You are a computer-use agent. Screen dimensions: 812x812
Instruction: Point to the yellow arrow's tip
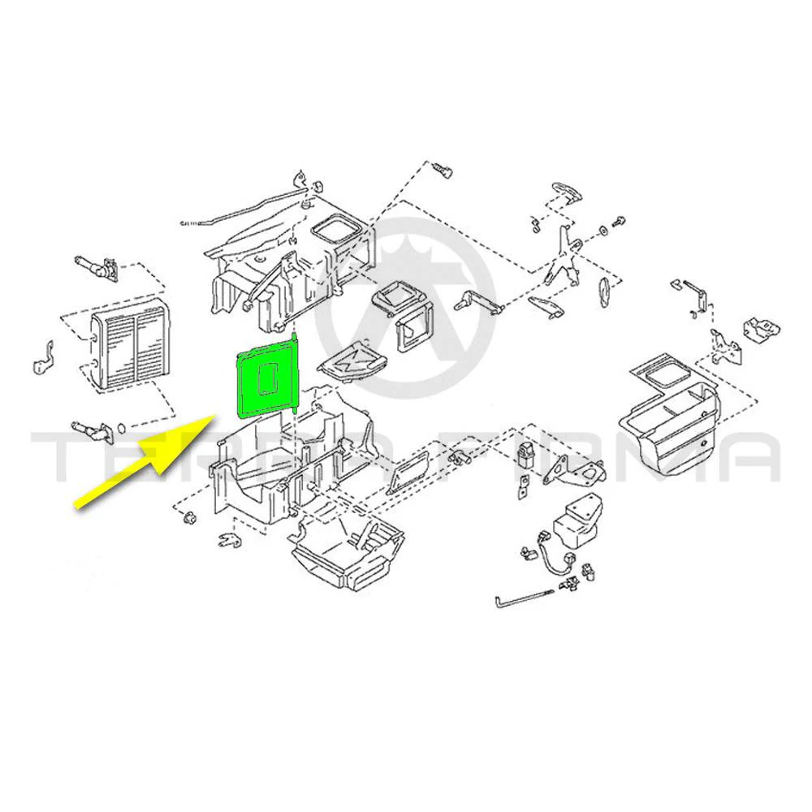215,415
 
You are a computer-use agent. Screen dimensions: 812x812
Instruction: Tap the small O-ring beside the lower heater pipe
121,428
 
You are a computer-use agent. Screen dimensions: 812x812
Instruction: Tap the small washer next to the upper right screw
603,230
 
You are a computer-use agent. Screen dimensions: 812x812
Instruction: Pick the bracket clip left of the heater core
44,358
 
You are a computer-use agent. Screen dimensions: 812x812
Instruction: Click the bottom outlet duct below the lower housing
347,553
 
